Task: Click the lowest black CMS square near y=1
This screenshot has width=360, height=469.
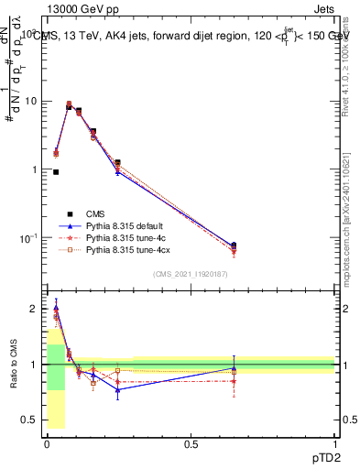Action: tap(56, 171)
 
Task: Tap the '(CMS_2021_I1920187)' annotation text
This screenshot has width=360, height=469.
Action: tap(191, 274)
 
